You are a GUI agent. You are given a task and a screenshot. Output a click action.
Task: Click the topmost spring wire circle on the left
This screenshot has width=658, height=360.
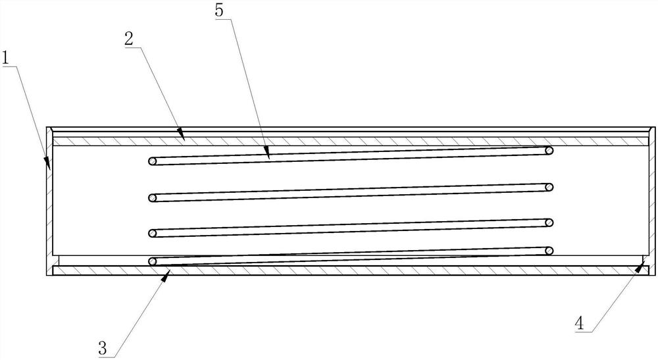coord(153,161)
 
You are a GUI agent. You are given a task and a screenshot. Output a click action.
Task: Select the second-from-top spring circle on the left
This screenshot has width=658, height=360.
coord(153,197)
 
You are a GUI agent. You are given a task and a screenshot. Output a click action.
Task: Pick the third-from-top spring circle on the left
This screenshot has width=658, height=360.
coord(153,233)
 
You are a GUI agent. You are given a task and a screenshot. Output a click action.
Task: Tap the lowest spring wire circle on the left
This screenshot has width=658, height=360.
coord(153,261)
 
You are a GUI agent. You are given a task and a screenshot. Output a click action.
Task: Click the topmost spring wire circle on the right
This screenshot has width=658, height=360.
coord(549,151)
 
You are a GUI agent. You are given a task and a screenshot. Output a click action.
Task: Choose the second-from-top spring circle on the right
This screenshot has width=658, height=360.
coord(549,187)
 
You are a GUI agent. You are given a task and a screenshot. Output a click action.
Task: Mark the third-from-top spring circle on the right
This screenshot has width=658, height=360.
coord(549,222)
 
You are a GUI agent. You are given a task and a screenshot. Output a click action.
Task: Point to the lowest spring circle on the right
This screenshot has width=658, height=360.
coord(549,251)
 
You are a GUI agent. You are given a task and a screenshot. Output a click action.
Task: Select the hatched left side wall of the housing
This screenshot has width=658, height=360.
coord(49,197)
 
